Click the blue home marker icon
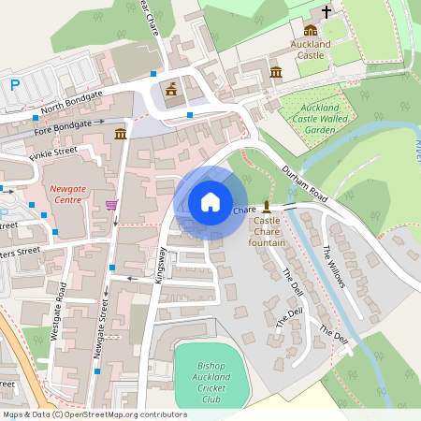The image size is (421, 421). click(210, 201)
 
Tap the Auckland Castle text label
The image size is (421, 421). click(312, 50)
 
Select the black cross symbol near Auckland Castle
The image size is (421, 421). click(327, 12)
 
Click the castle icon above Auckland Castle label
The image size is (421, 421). click(310, 30)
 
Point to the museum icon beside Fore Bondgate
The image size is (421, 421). click(121, 137)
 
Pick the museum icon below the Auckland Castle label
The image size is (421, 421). click(276, 72)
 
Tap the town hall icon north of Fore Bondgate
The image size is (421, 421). click(171, 89)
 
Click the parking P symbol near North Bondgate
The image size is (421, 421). click(15, 85)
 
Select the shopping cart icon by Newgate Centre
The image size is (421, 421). click(112, 205)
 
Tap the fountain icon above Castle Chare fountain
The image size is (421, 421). click(267, 205)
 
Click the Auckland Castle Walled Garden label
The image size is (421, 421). click(307, 119)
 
